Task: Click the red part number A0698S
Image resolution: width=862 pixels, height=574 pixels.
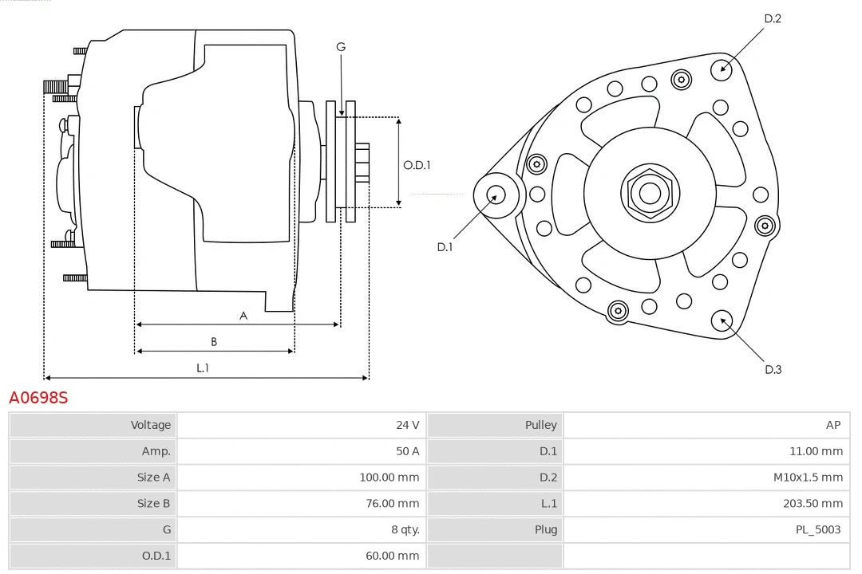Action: [38, 397]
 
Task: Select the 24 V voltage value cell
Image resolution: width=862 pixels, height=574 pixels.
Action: [407, 425]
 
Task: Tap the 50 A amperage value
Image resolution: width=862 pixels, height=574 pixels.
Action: [407, 451]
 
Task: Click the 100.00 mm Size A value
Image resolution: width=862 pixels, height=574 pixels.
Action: [389, 478]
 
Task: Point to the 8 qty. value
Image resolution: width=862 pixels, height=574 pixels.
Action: [400, 529]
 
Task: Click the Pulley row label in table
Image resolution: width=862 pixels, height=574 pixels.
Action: [540, 425]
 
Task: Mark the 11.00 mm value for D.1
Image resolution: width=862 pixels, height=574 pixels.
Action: [816, 451]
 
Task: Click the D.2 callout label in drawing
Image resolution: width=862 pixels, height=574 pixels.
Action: [772, 18]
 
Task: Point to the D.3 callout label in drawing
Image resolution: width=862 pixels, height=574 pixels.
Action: [773, 369]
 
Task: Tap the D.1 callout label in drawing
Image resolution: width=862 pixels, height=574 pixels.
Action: [445, 247]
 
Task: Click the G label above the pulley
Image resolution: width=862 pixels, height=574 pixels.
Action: [341, 47]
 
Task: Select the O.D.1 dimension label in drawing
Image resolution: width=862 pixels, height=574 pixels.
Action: [417, 165]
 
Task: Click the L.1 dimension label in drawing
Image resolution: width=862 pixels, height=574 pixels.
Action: [203, 368]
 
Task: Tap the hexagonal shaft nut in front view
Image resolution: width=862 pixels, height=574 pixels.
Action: [650, 192]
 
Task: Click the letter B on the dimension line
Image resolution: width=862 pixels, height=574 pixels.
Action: [214, 342]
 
